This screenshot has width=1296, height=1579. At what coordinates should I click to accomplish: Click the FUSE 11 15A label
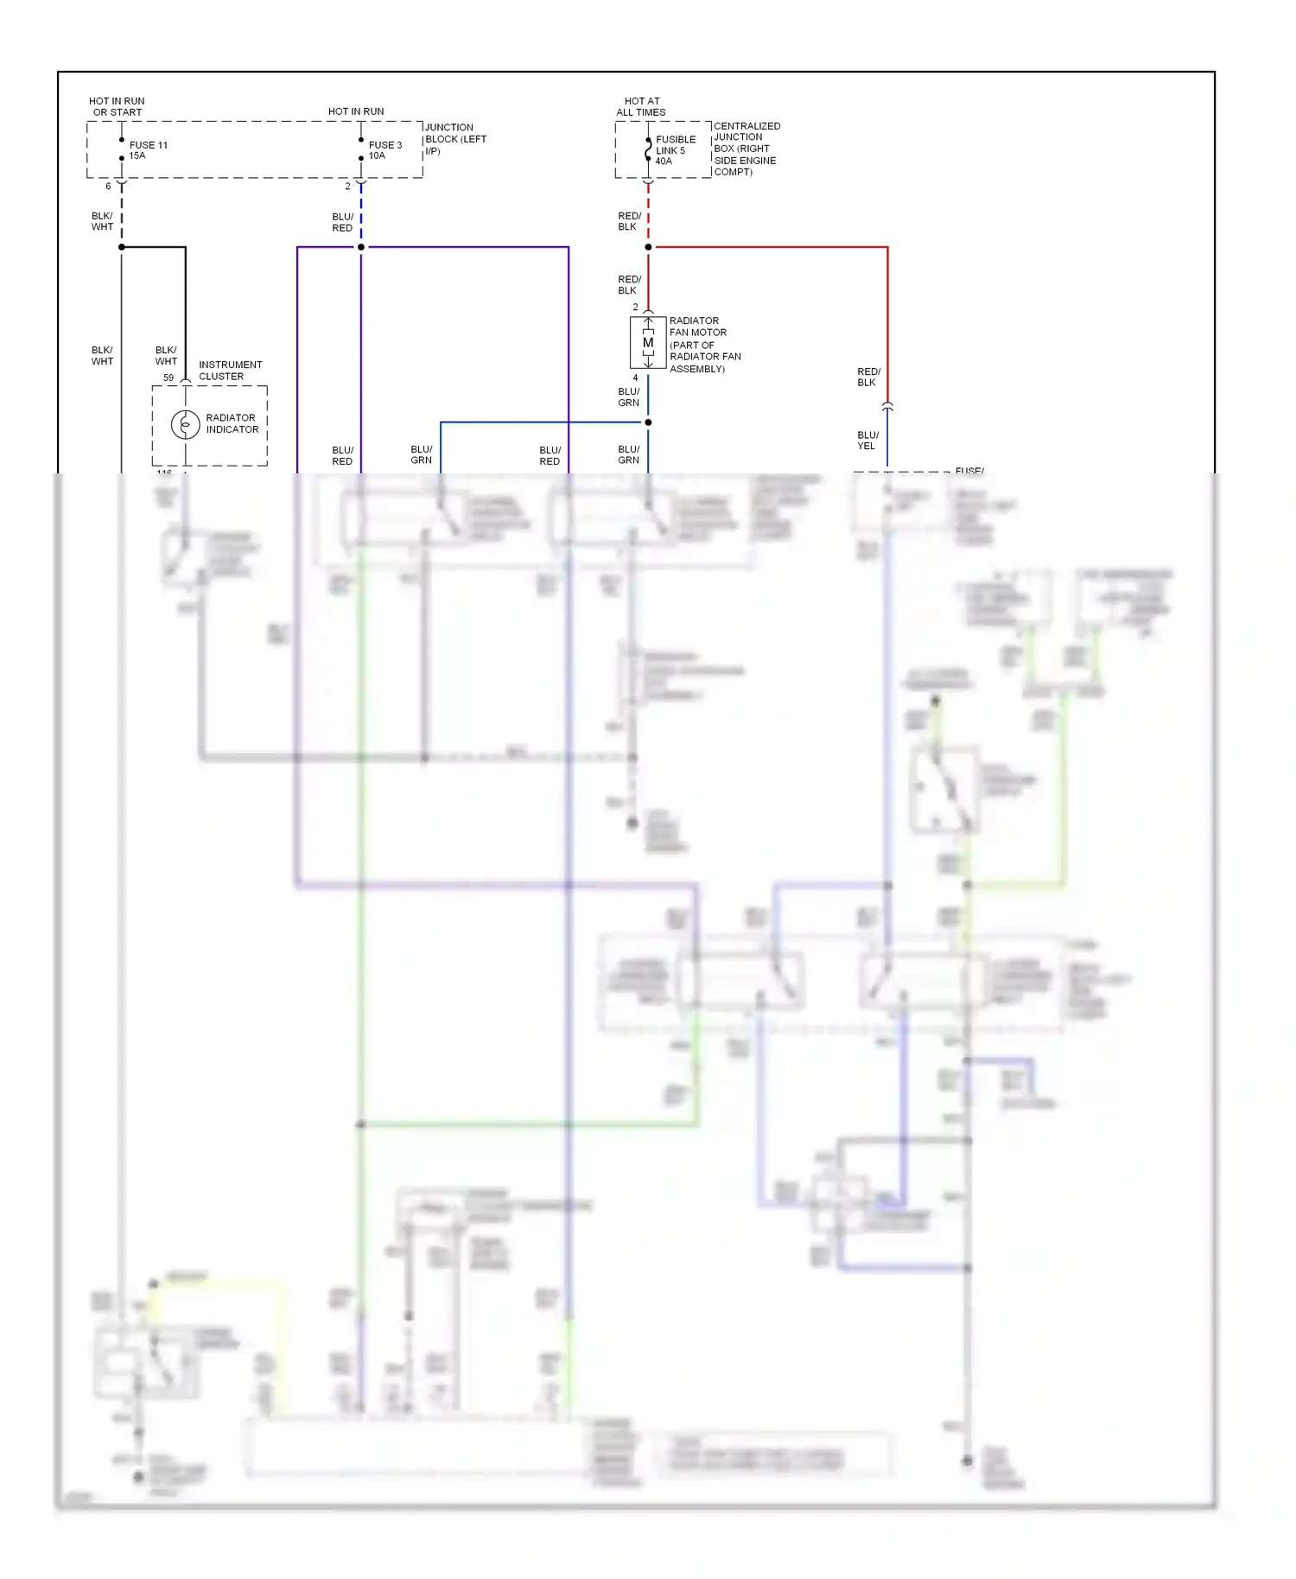[x=148, y=150]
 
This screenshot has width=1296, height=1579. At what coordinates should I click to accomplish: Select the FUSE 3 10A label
[x=384, y=150]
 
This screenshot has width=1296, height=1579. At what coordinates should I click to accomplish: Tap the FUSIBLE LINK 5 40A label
[x=675, y=150]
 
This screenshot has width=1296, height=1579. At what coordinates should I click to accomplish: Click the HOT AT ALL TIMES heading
[x=641, y=106]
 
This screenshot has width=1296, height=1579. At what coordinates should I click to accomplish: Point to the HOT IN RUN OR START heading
[x=117, y=106]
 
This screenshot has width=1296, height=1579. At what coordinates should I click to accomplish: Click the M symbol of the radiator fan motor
[x=648, y=343]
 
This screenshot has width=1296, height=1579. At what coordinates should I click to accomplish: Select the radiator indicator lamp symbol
[x=185, y=424]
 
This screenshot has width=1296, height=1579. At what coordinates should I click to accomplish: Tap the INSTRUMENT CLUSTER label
[x=230, y=371]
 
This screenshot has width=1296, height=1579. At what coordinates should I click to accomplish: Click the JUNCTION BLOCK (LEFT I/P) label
[x=455, y=139]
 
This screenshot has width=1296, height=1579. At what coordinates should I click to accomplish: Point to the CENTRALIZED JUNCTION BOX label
[x=746, y=149]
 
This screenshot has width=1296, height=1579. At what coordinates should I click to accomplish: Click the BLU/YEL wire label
[x=867, y=441]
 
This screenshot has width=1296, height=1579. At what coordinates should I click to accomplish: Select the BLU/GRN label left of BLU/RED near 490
[x=422, y=455]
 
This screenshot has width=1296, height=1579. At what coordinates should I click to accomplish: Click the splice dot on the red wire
[x=648, y=247]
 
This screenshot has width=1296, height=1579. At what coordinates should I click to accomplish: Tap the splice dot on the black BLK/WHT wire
[x=122, y=247]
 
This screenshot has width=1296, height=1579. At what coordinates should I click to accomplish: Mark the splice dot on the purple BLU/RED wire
[x=361, y=247]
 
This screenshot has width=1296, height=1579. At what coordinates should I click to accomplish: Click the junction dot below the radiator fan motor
[x=648, y=422]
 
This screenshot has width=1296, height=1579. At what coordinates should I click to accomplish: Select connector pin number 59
[x=168, y=377]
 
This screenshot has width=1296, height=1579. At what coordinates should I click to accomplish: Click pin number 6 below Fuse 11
[x=108, y=187]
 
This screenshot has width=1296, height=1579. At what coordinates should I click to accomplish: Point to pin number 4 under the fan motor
[x=635, y=378]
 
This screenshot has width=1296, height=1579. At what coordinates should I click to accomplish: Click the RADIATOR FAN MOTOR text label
[x=703, y=344]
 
